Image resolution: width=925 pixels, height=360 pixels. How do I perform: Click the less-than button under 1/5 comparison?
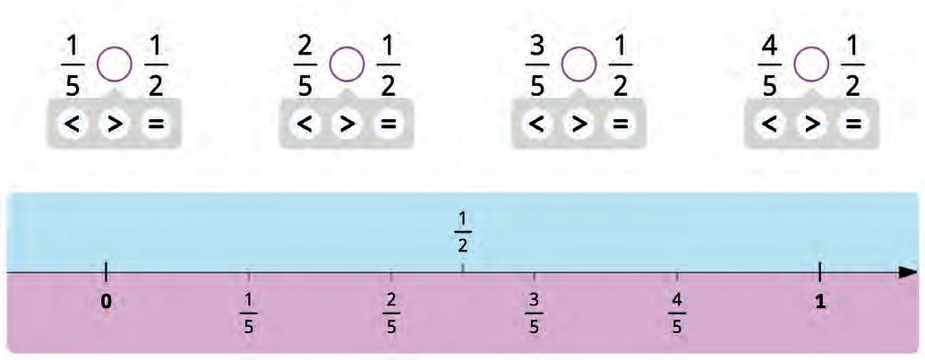coord(73,125)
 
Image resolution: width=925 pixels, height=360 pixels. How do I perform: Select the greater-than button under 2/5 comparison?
coord(346,125)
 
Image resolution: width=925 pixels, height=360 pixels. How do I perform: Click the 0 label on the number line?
coord(106,302)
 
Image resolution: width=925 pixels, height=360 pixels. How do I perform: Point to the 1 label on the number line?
coord(819,302)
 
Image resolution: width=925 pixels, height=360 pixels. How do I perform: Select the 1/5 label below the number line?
coord(249,313)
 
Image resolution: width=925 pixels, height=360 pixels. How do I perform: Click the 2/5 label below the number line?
coord(391,313)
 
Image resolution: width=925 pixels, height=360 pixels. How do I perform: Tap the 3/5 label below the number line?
coord(534,313)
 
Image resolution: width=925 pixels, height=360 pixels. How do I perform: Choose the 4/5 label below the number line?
coord(677,313)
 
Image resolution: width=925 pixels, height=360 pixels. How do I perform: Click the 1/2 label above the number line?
coord(462,231)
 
